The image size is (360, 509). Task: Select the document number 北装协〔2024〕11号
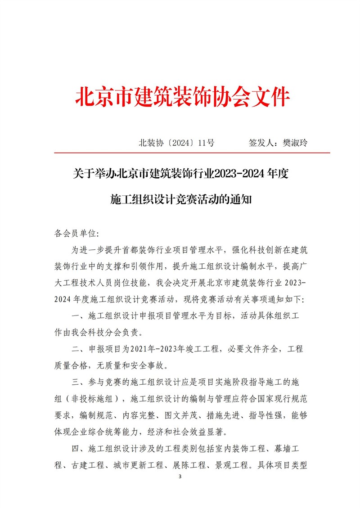176,143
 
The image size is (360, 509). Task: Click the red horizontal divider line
192,153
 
